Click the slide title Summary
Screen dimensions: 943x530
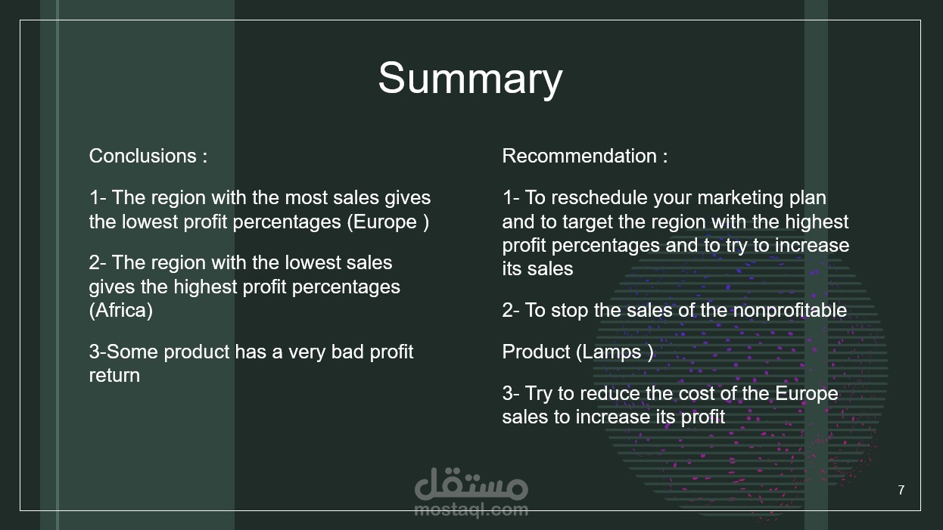click(470, 79)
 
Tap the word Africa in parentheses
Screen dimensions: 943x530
click(121, 311)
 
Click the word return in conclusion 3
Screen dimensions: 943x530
click(114, 376)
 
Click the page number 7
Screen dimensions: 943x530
click(901, 490)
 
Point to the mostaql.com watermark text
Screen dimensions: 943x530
click(471, 510)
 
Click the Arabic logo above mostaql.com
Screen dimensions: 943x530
click(471, 484)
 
